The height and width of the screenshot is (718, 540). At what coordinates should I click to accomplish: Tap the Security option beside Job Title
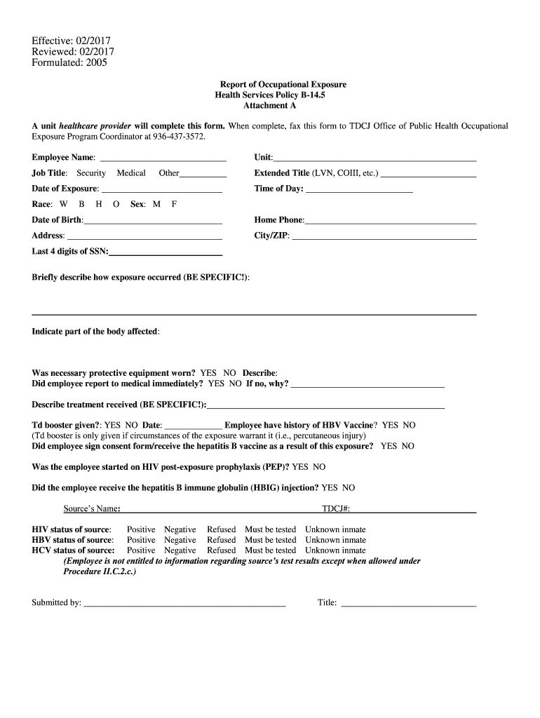coord(91,173)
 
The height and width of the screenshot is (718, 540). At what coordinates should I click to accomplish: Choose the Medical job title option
coord(131,173)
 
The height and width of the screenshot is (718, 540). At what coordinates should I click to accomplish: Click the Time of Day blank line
coord(359,190)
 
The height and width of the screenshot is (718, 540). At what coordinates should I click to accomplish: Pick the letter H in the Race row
coord(99,204)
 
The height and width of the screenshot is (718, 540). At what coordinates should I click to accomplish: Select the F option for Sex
coord(174,204)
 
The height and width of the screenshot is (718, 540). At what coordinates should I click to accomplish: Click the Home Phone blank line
coord(391,222)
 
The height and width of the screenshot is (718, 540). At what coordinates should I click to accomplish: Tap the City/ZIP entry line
coord(384,237)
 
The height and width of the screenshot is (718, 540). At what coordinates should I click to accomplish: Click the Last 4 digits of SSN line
coord(166,252)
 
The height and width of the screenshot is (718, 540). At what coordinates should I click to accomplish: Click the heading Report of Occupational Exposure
coord(283,84)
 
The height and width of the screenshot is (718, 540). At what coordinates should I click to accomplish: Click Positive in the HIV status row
coord(141,529)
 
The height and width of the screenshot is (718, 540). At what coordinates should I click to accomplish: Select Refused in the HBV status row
coord(221,540)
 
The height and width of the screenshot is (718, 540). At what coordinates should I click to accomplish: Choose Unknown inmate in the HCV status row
coord(335,550)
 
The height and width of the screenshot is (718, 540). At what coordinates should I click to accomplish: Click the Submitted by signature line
coord(184,603)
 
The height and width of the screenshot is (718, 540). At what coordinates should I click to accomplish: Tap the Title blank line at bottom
coord(408,603)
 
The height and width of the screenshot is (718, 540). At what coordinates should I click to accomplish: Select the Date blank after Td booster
coord(193,426)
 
